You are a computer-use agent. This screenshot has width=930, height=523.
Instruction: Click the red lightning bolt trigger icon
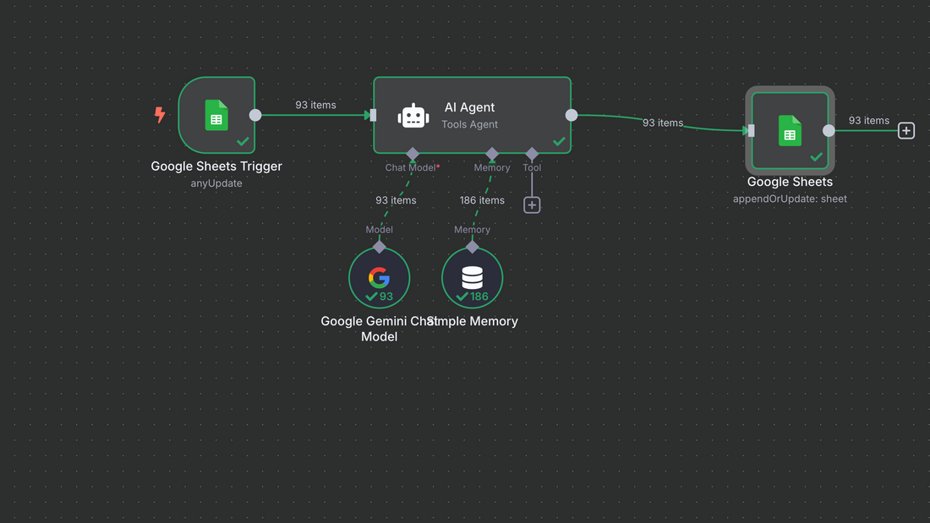point(160,114)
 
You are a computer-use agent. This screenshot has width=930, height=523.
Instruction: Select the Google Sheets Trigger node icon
point(216,115)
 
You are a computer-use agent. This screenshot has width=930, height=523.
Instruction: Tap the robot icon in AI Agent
point(413,116)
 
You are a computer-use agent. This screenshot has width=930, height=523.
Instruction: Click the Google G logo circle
point(379,277)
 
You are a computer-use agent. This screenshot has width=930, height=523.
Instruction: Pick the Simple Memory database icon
point(472,277)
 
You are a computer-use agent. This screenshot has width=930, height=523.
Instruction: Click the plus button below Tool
point(532,204)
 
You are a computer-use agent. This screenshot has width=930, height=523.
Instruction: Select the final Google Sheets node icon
point(790,131)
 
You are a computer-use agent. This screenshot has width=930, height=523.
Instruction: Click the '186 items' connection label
point(482,200)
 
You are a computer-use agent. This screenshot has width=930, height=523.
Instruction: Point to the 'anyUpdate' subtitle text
point(216,183)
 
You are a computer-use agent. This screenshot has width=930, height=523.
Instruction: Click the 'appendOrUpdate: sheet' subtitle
point(790,199)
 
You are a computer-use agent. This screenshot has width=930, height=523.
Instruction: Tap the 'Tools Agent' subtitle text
point(469,125)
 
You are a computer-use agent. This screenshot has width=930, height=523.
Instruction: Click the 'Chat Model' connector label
point(410,167)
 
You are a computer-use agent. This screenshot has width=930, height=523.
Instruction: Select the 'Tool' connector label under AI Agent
point(532,167)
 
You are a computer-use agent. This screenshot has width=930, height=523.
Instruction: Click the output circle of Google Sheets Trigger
point(255,115)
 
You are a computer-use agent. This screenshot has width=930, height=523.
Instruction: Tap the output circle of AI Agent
point(572,115)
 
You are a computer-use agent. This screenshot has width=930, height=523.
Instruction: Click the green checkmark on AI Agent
point(559,141)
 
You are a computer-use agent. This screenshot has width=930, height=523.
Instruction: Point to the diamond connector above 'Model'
point(379,247)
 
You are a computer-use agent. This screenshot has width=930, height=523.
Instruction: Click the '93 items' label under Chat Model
point(396,200)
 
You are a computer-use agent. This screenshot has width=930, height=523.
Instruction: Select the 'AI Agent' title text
point(469,107)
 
